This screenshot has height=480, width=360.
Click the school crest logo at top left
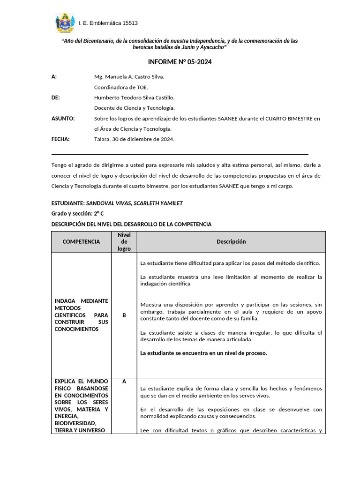[x=65, y=23]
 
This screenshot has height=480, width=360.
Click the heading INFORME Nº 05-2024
[x=180, y=62]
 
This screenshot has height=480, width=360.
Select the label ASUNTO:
[x=63, y=119]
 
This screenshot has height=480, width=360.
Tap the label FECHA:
[x=60, y=139]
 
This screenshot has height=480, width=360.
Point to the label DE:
[x=55, y=97]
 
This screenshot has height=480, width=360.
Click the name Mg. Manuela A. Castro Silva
[x=129, y=76]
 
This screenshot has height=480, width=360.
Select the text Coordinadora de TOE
[x=121, y=87]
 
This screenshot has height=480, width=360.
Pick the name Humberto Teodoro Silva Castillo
[x=134, y=97]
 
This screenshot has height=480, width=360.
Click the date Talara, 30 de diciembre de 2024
[x=134, y=139]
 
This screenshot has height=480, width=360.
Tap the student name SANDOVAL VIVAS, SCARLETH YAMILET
[x=135, y=203]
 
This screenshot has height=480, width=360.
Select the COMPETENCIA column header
[x=81, y=241]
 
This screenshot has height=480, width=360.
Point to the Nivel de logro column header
[x=124, y=241]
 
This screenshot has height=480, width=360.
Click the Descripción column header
[x=231, y=241]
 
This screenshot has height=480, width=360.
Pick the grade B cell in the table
[x=124, y=315]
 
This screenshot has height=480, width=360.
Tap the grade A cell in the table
[x=124, y=382]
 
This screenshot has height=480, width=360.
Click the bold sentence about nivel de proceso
[x=203, y=353]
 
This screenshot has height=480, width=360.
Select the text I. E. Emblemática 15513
[x=108, y=23]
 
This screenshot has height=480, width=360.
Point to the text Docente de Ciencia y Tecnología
[x=135, y=108]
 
